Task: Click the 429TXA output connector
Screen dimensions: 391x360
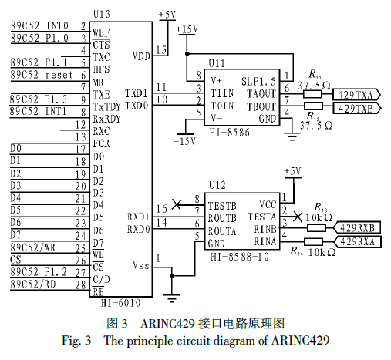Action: pos(356,95)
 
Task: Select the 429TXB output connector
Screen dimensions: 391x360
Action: pos(357,108)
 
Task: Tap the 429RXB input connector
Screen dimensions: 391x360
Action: pos(357,227)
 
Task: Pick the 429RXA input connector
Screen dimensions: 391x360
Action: pos(357,242)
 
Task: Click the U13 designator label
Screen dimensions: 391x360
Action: pos(102,14)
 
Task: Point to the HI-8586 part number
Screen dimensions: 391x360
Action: pos(229,133)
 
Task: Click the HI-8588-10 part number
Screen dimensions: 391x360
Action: pos(240,257)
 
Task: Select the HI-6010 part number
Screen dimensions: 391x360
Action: pos(120,303)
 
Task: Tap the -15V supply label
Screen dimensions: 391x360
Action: pos(184,140)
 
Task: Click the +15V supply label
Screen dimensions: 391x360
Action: pos(187,29)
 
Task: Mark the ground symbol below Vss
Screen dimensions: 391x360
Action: pos(172,298)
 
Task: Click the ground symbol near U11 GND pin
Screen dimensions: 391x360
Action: pos(292,136)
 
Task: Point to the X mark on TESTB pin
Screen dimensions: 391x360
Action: pos(177,205)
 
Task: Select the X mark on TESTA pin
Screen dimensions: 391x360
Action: pos(298,217)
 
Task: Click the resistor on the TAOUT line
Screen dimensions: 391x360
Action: pos(312,94)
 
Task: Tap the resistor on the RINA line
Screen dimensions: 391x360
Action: pos(313,241)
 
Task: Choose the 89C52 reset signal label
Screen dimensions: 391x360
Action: pos(42,75)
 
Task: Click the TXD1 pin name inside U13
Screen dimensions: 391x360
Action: pos(137,93)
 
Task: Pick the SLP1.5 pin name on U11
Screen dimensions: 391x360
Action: pos(258,82)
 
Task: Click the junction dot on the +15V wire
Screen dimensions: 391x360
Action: pos(187,54)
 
